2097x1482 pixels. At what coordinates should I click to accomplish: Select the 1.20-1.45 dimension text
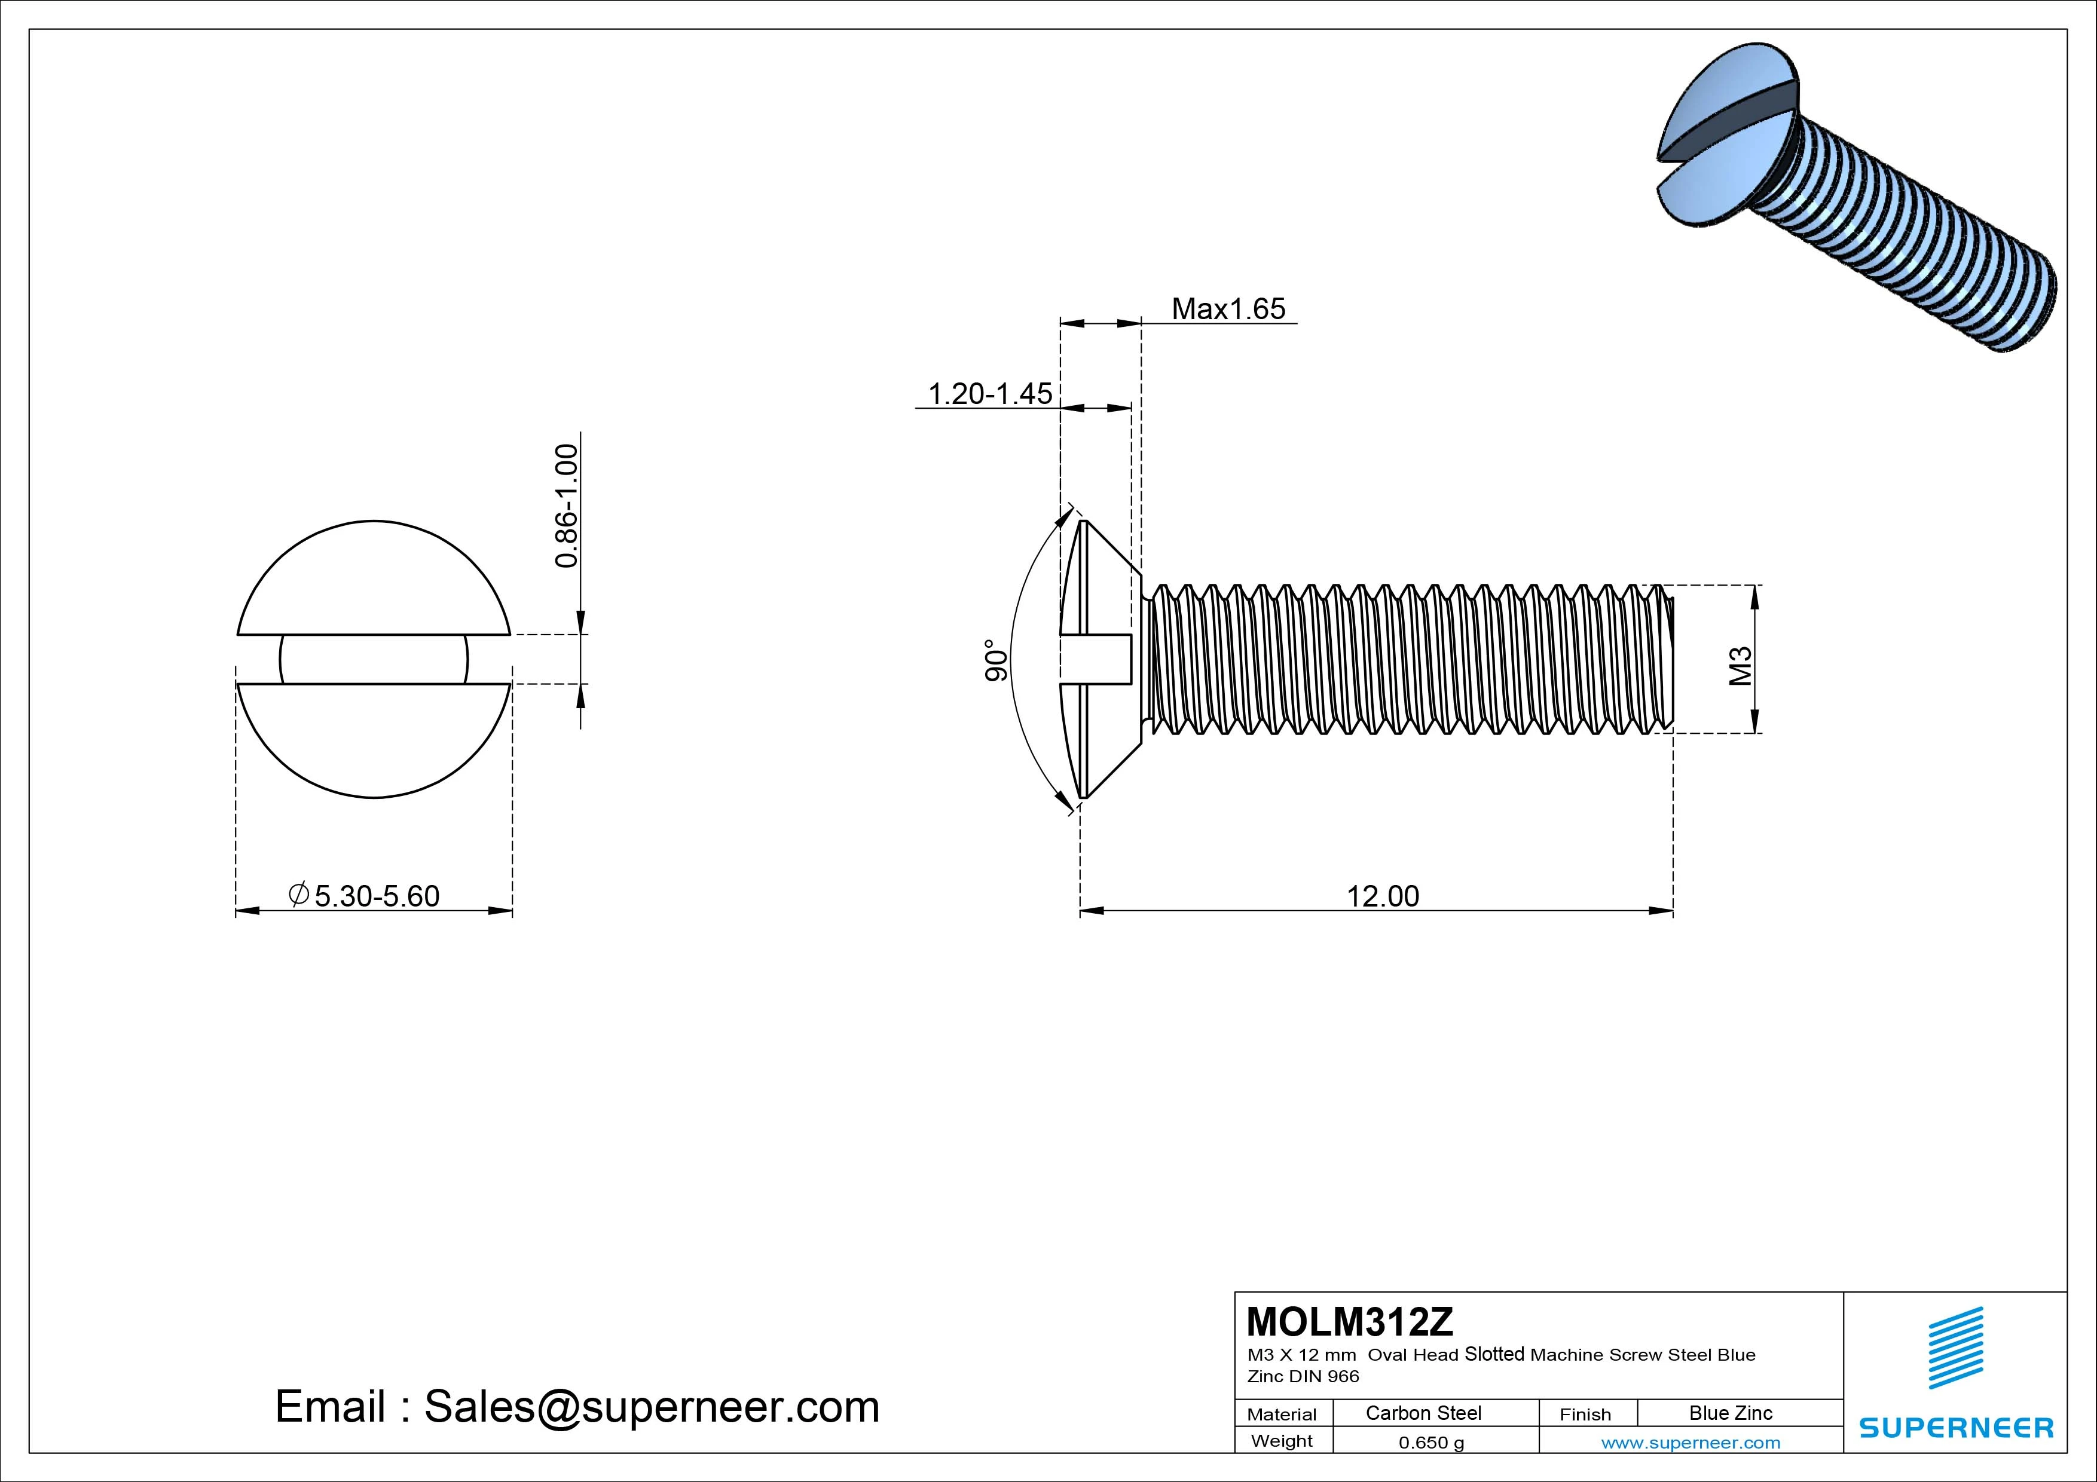(990, 394)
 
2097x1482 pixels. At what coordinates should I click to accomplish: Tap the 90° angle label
(995, 660)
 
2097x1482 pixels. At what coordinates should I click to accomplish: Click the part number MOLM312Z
(1349, 1321)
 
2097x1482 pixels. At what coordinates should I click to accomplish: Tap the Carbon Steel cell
(1423, 1413)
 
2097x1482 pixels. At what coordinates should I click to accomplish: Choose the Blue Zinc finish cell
(1730, 1413)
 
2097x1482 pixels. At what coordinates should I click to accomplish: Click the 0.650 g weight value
(1431, 1443)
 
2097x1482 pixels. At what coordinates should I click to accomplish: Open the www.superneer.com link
(1691, 1443)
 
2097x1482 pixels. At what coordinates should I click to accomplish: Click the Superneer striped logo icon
(1955, 1348)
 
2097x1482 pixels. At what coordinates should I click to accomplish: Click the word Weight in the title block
(1282, 1441)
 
